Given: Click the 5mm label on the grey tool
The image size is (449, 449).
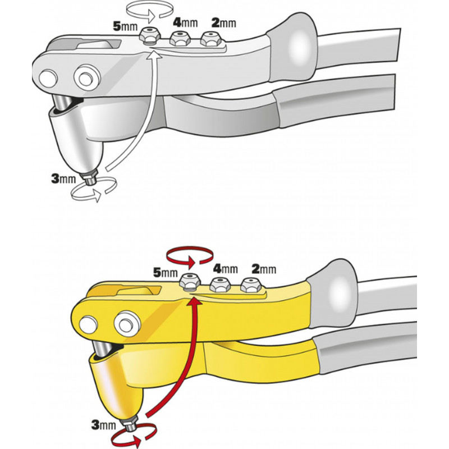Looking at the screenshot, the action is pos(125,26).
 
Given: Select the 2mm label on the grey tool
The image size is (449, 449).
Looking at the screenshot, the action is pos(223,22).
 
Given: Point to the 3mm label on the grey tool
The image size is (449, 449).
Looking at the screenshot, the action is pos(63,178).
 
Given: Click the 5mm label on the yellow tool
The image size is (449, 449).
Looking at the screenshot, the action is pos(166,272).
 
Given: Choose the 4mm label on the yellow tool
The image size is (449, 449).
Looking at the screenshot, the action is pos(226,269).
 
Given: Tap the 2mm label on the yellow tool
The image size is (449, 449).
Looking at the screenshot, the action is pos(264,269).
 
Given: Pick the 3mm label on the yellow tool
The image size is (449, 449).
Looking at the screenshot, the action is pos(103,425).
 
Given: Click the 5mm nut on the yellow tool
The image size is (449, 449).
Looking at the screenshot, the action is pos(190,282).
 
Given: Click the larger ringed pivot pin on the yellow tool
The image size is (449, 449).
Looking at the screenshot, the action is pos(127,324).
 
